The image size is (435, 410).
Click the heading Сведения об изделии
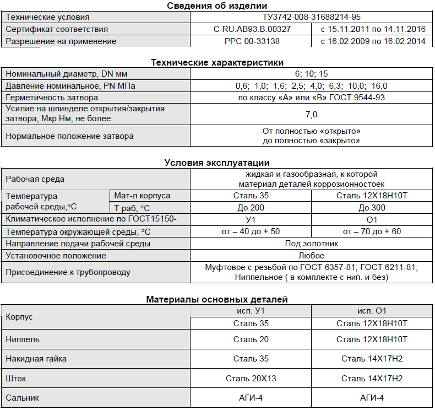coord(217,6)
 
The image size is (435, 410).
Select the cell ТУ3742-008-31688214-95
coord(312,17)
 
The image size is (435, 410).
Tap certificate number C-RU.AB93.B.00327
coord(252,29)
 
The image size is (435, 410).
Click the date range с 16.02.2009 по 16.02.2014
coord(372,41)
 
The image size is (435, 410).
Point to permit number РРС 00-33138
coord(252,41)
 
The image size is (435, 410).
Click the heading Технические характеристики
coord(217,62)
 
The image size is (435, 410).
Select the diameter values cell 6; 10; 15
coord(312,74)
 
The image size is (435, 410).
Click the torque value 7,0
coord(312,115)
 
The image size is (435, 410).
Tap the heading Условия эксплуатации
coord(217,162)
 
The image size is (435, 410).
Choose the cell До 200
coord(251,208)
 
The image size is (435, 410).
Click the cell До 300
coord(372,208)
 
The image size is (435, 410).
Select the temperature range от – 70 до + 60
coord(372,231)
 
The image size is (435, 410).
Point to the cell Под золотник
coord(312,244)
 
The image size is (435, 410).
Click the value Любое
coord(312,256)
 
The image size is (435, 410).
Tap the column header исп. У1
coord(251,311)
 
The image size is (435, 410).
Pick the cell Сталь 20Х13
coord(251,379)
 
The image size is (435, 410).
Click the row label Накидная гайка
coord(36,359)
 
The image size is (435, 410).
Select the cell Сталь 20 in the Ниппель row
coord(251,339)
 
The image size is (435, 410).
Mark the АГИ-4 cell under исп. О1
coord(372,398)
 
